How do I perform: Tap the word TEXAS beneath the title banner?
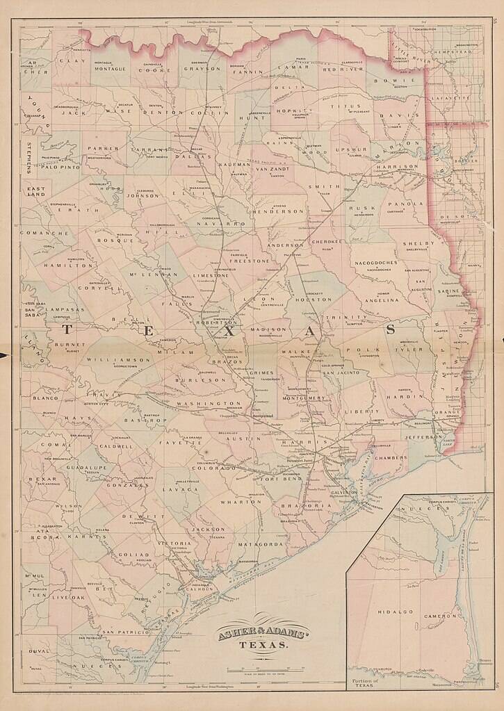pyautogui.click(x=264, y=645)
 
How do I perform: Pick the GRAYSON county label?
pyautogui.click(x=202, y=70)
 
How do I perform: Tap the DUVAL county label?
pyautogui.click(x=40, y=651)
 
